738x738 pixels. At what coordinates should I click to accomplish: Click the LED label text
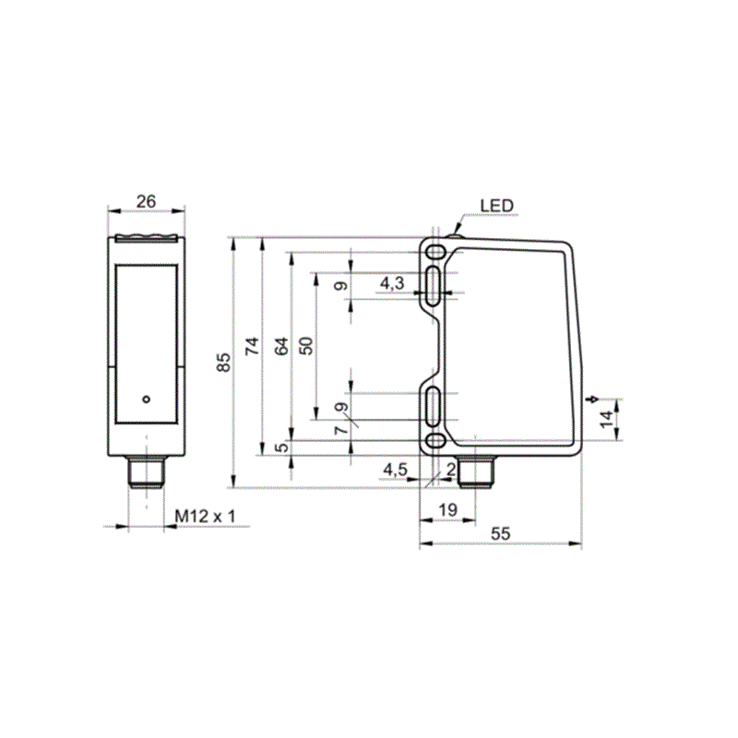[x=496, y=206]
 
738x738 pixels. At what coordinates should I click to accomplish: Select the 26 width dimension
[x=146, y=201]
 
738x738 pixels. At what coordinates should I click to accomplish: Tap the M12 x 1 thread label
[x=205, y=516]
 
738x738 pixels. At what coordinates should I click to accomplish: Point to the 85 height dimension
[x=224, y=362]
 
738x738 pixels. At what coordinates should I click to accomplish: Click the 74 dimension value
[x=252, y=346]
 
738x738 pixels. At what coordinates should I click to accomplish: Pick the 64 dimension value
[x=281, y=346]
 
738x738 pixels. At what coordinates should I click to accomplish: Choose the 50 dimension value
[x=306, y=346]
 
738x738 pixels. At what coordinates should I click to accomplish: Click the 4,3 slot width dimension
[x=392, y=283]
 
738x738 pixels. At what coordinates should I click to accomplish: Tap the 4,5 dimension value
[x=395, y=470]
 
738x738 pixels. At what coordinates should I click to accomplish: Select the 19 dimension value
[x=447, y=509]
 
